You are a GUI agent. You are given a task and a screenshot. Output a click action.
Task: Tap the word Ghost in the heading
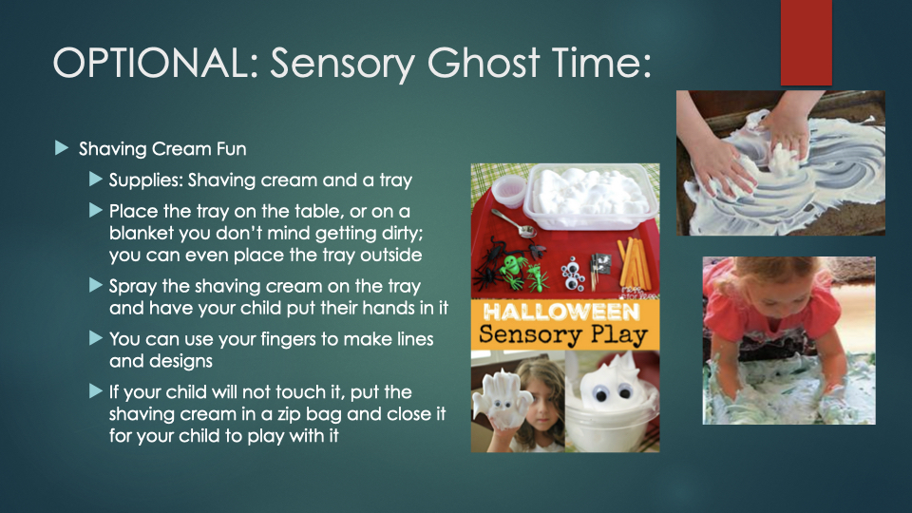(483, 63)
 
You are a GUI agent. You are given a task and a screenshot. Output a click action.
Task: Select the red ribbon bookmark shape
(807, 43)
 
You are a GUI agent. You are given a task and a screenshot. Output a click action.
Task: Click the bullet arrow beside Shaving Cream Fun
(62, 148)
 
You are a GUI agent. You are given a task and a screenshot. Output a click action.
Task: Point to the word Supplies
(146, 180)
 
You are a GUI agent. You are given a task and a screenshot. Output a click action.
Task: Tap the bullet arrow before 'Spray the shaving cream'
(96, 285)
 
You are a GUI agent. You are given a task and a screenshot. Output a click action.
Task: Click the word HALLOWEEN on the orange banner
(561, 313)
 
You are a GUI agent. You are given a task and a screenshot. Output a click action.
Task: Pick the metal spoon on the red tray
(514, 223)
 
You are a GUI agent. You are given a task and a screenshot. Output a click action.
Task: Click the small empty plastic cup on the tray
(508, 190)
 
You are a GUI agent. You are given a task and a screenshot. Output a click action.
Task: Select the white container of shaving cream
(590, 195)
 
